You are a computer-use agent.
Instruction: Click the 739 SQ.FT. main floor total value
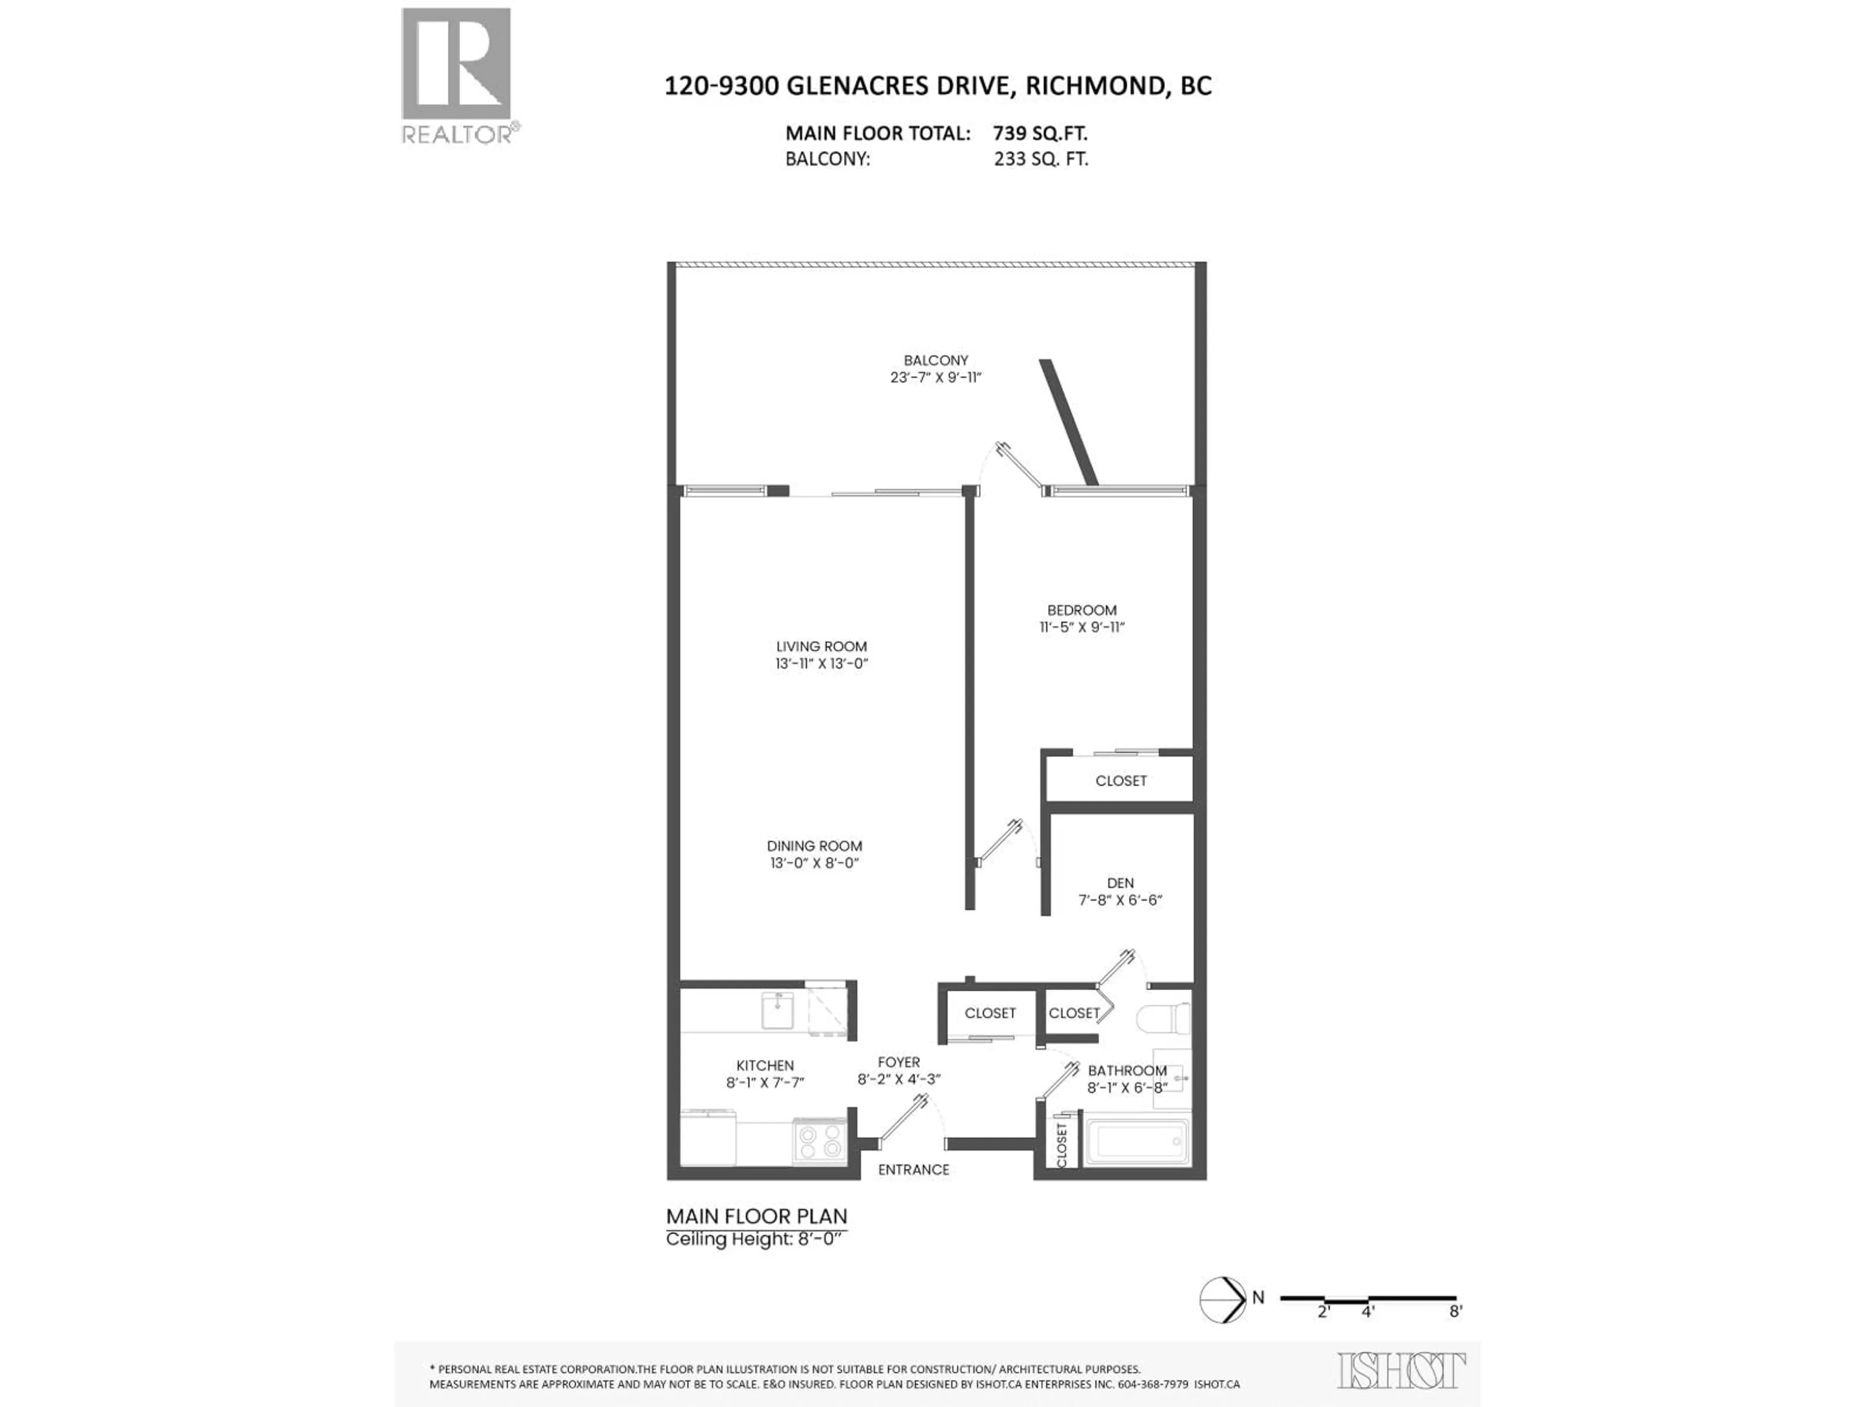click(1040, 133)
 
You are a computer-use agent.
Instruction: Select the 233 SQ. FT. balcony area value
click(1041, 159)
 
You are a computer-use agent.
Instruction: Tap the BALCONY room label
click(936, 361)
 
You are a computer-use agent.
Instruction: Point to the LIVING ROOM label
click(821, 646)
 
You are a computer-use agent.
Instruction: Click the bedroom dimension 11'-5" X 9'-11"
click(1081, 628)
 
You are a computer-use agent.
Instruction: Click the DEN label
click(1120, 883)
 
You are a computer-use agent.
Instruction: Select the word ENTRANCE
click(914, 1170)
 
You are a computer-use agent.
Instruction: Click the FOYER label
click(898, 1062)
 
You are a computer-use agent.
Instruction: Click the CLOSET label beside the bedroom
click(1120, 780)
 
